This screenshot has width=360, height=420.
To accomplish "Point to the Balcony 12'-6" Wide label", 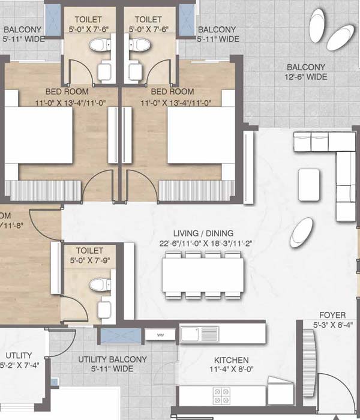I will point(306,67).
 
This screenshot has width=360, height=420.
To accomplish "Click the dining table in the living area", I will point(203,274).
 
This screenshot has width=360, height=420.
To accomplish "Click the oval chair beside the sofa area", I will point(301,232).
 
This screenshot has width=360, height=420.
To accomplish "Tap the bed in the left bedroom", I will point(40,139).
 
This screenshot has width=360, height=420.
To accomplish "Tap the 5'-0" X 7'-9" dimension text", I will point(90,260).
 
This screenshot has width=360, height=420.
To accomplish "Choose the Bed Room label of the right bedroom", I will point(172,92).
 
